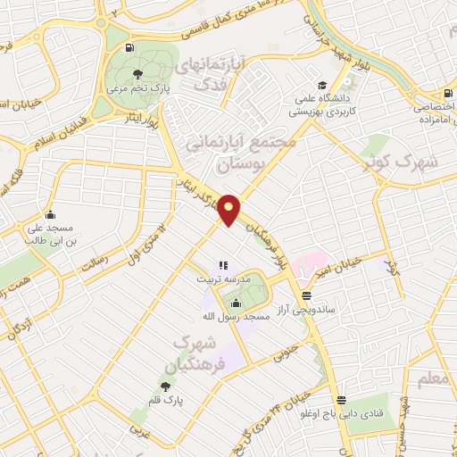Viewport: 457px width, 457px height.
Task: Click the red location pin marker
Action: click(229, 209)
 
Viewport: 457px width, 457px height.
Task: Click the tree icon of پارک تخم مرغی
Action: click(137, 74)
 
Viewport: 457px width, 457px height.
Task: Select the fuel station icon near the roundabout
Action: click(132, 47)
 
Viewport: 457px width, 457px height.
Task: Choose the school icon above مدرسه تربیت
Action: click(223, 265)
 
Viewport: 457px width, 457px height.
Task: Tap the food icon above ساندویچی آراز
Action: click(307, 295)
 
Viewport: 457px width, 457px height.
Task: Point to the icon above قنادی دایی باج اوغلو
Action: click(340, 399)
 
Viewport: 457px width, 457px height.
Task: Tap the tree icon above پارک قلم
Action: click(165, 386)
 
